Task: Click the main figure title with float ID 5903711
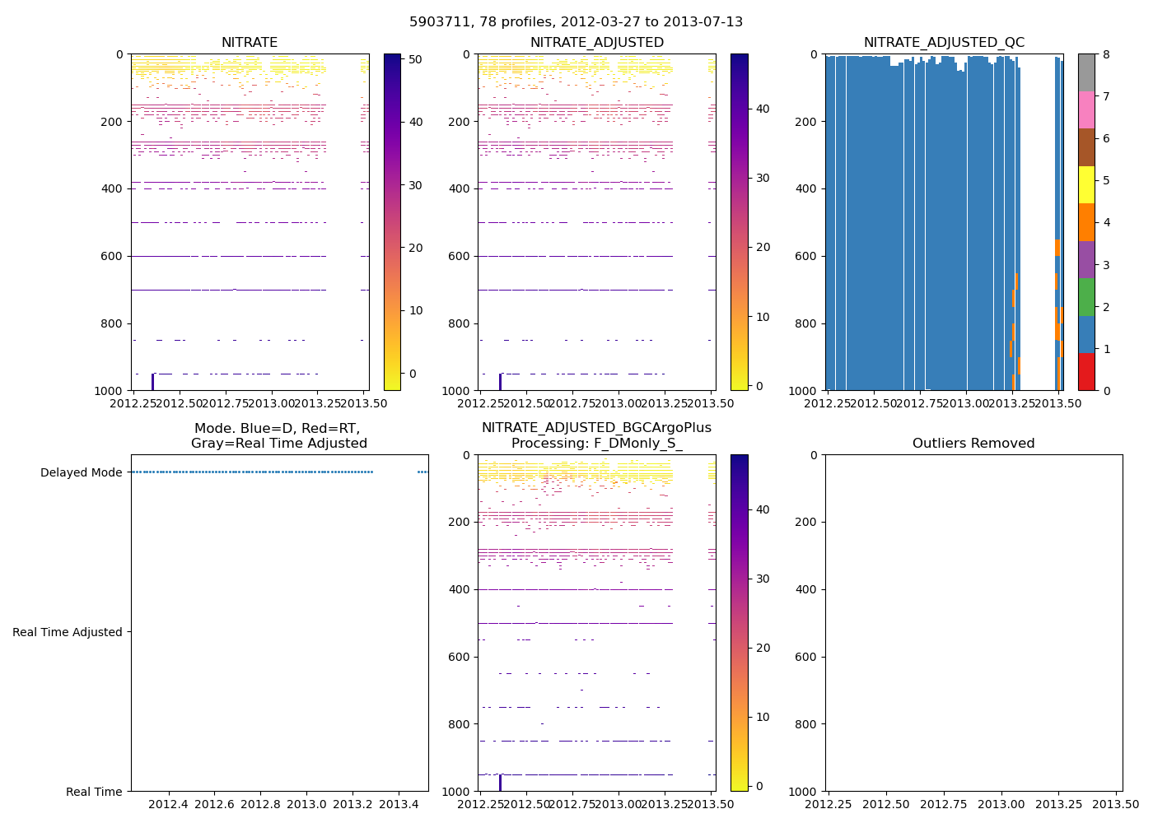[576, 22]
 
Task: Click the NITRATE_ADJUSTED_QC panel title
[944, 43]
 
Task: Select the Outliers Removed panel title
[973, 444]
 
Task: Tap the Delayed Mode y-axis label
[81, 472]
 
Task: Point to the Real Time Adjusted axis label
[68, 632]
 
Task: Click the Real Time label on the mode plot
[94, 792]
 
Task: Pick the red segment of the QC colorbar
[1086, 372]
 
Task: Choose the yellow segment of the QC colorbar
[1086, 184]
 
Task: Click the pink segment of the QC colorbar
[1086, 109]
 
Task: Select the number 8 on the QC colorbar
[1107, 54]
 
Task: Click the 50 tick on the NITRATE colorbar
[416, 59]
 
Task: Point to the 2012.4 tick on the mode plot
[169, 804]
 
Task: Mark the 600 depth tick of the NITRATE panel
[114, 256]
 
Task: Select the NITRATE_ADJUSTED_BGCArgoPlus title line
[596, 428]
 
